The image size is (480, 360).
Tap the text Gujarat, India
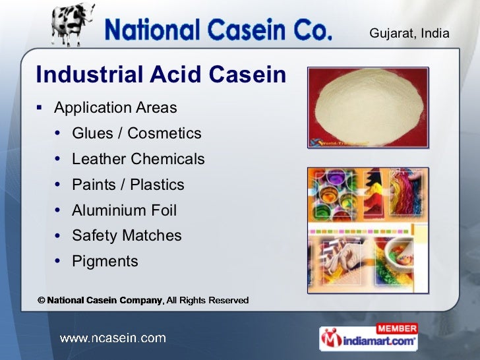pyautogui.click(x=409, y=33)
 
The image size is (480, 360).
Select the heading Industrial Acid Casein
pyautogui.click(x=161, y=75)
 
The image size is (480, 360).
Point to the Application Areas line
pyautogui.click(x=115, y=107)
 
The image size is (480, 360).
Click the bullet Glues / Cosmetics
pyautogui.click(x=136, y=133)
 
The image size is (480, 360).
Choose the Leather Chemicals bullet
pyautogui.click(x=138, y=159)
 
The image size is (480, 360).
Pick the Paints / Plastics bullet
pyautogui.click(x=128, y=185)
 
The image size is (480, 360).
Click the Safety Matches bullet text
pyautogui.click(x=127, y=235)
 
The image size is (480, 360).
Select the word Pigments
pyautogui.click(x=105, y=261)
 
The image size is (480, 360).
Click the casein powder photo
pyautogui.click(x=368, y=107)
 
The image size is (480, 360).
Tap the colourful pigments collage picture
pyautogui.click(x=368, y=229)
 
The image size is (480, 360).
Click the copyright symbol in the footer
pyautogui.click(x=41, y=301)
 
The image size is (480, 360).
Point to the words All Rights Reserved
pyautogui.click(x=208, y=301)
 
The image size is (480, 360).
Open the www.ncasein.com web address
pyautogui.click(x=113, y=338)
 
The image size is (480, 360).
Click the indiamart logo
pyautogui.click(x=369, y=341)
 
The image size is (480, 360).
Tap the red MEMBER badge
pyautogui.click(x=397, y=328)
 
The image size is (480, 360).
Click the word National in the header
pyautogui.click(x=158, y=30)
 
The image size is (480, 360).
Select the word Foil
pyautogui.click(x=162, y=210)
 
